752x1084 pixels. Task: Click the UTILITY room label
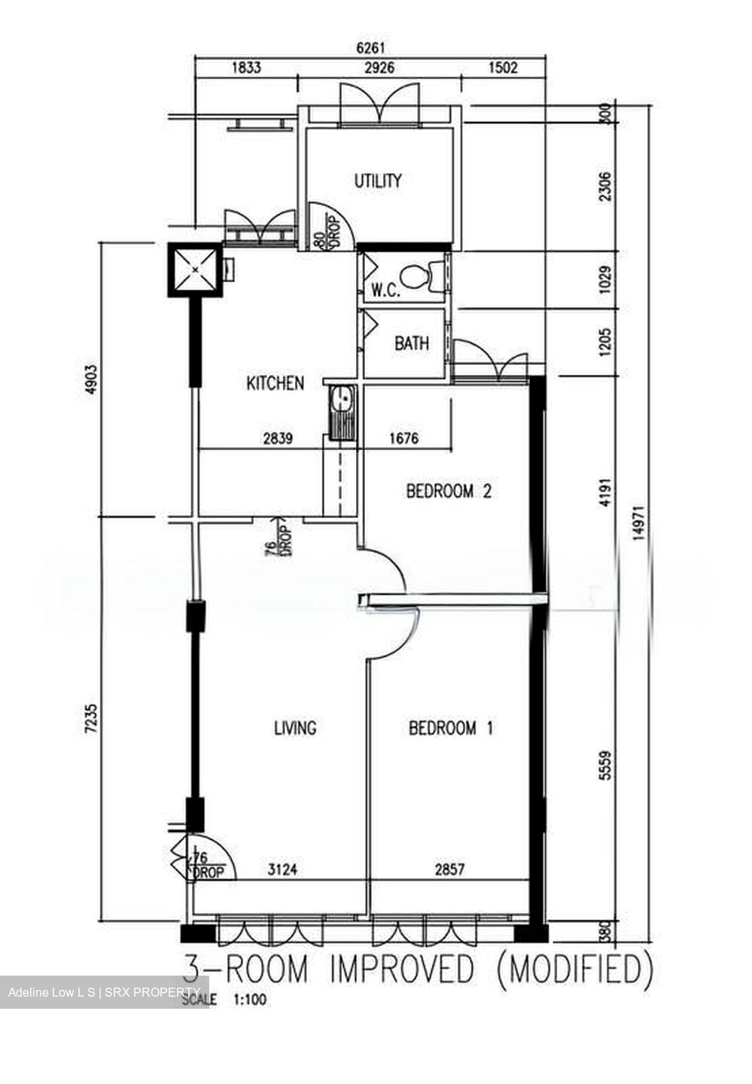(377, 181)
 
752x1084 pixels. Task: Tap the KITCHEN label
(275, 383)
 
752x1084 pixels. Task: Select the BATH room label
(411, 343)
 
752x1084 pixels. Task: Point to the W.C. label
(385, 291)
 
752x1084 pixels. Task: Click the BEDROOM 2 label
(449, 491)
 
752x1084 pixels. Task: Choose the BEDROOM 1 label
(450, 728)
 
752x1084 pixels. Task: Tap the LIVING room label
(295, 728)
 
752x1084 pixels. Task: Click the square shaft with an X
(195, 269)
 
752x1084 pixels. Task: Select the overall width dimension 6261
(370, 48)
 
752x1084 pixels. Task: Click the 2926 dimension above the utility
(379, 67)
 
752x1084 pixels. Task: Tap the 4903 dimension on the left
(90, 379)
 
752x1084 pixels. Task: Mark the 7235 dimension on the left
(90, 718)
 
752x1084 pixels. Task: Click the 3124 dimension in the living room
(282, 869)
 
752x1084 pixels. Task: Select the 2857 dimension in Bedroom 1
(449, 869)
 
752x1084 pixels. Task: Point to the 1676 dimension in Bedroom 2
(403, 438)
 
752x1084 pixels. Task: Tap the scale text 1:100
(250, 1000)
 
